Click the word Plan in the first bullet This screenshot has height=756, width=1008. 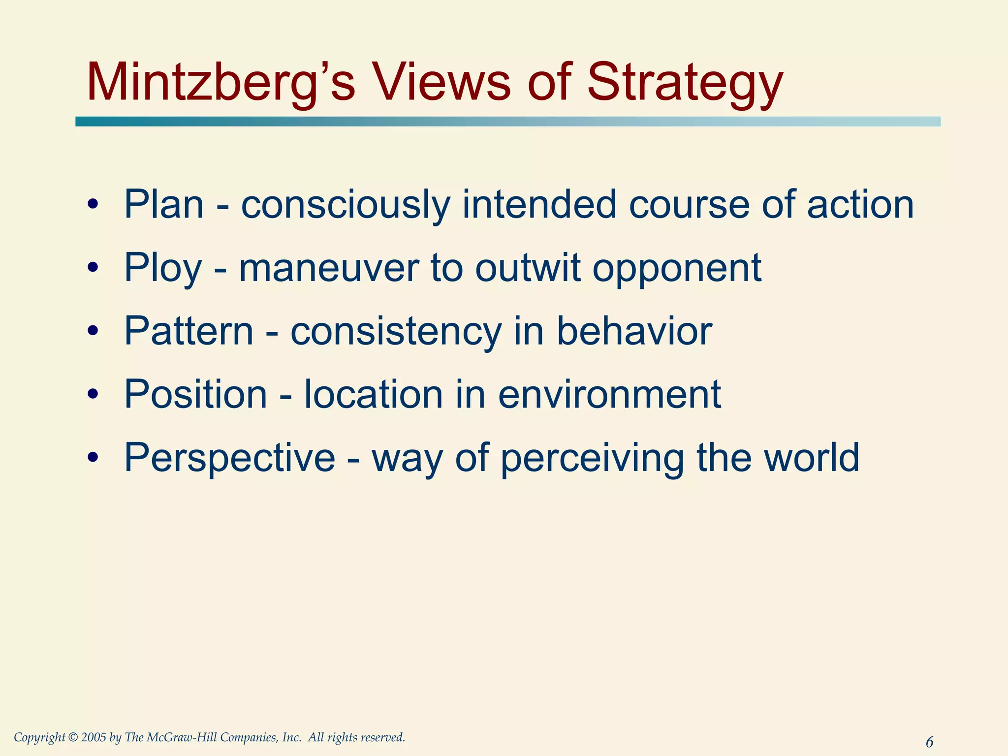click(x=164, y=204)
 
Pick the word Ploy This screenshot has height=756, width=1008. click(x=163, y=268)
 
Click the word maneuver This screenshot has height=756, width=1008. click(x=329, y=268)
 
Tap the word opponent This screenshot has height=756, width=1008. click(x=677, y=268)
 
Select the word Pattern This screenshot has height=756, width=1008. click(x=189, y=331)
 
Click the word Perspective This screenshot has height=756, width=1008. click(x=229, y=457)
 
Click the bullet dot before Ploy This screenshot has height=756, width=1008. click(x=93, y=268)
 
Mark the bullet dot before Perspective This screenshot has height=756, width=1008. click(x=93, y=457)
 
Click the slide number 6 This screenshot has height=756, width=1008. click(x=929, y=741)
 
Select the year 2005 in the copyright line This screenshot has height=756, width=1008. click(x=94, y=737)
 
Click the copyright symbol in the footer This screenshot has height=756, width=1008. click(x=73, y=737)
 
